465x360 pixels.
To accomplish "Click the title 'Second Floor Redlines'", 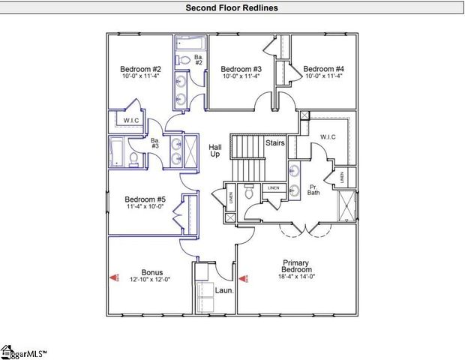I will [x=232, y=7].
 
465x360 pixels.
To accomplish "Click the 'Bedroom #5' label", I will [x=145, y=199].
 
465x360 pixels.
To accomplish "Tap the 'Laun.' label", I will [x=225, y=289].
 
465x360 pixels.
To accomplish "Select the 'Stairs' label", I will [x=274, y=142].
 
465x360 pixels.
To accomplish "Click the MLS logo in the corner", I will [x=22, y=351].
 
